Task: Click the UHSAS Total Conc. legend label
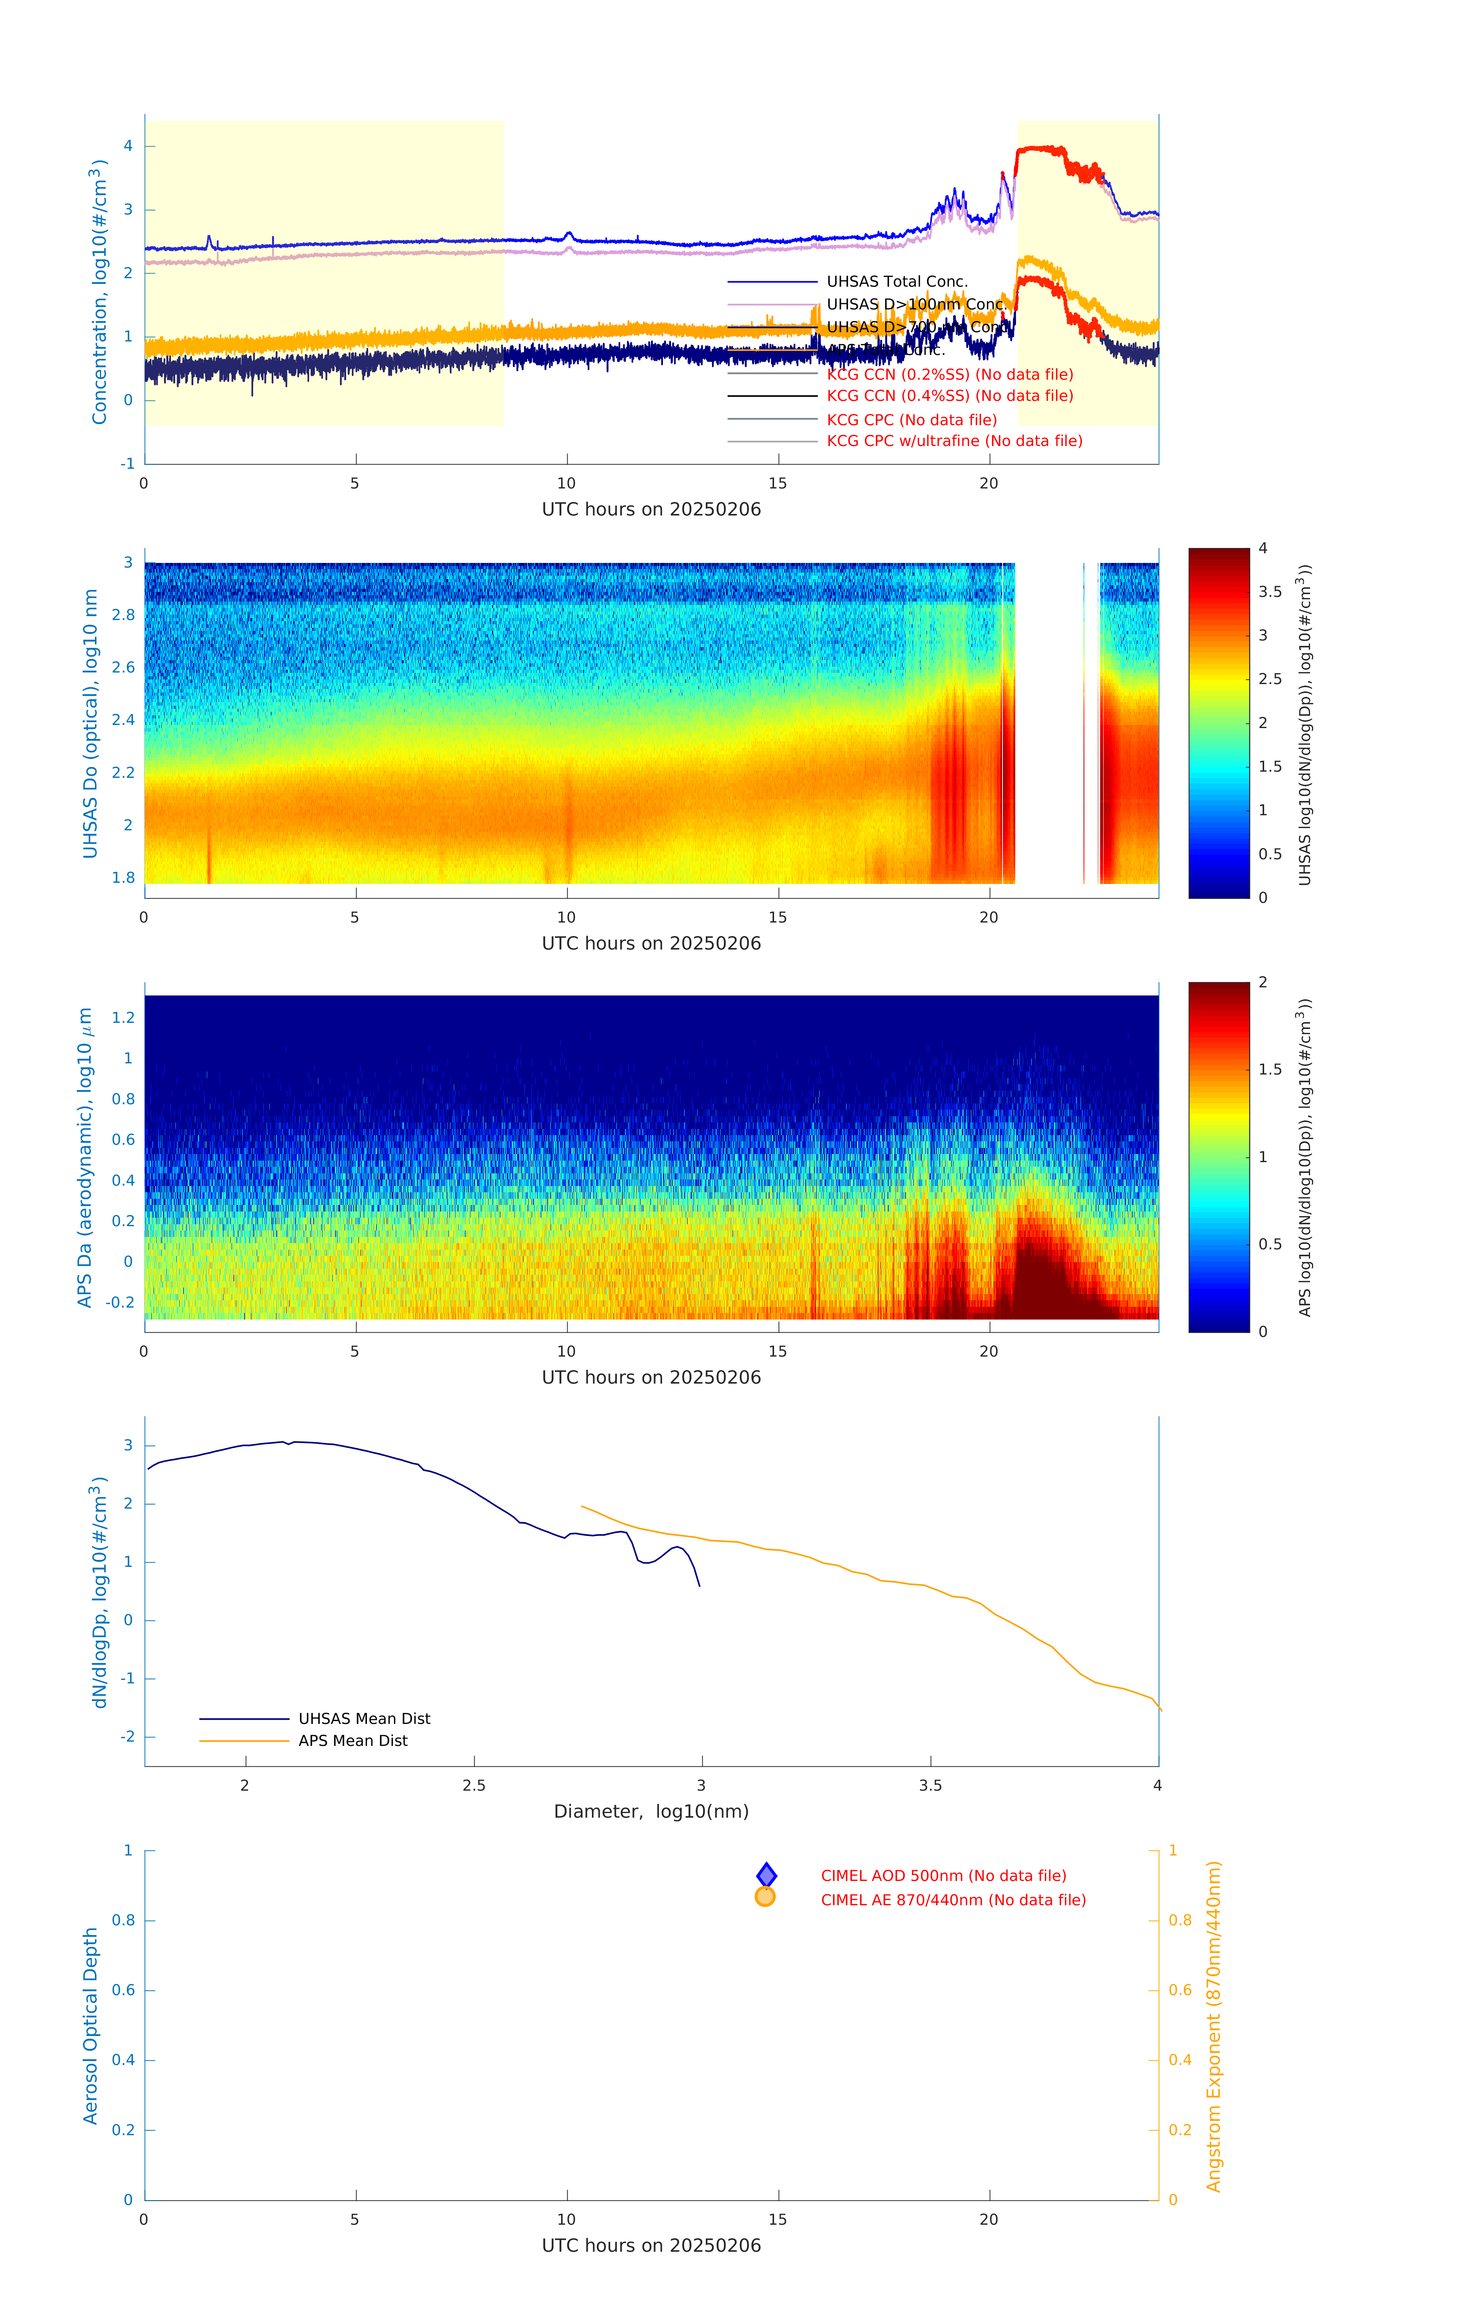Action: pyautogui.click(x=896, y=282)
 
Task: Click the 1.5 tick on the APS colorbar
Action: pyautogui.click(x=1269, y=1069)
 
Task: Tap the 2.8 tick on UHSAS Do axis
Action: pyautogui.click(x=123, y=615)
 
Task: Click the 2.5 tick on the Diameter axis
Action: pyautogui.click(x=474, y=1785)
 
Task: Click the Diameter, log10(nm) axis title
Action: pyautogui.click(x=651, y=1811)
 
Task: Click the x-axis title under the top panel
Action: pyautogui.click(x=651, y=510)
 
